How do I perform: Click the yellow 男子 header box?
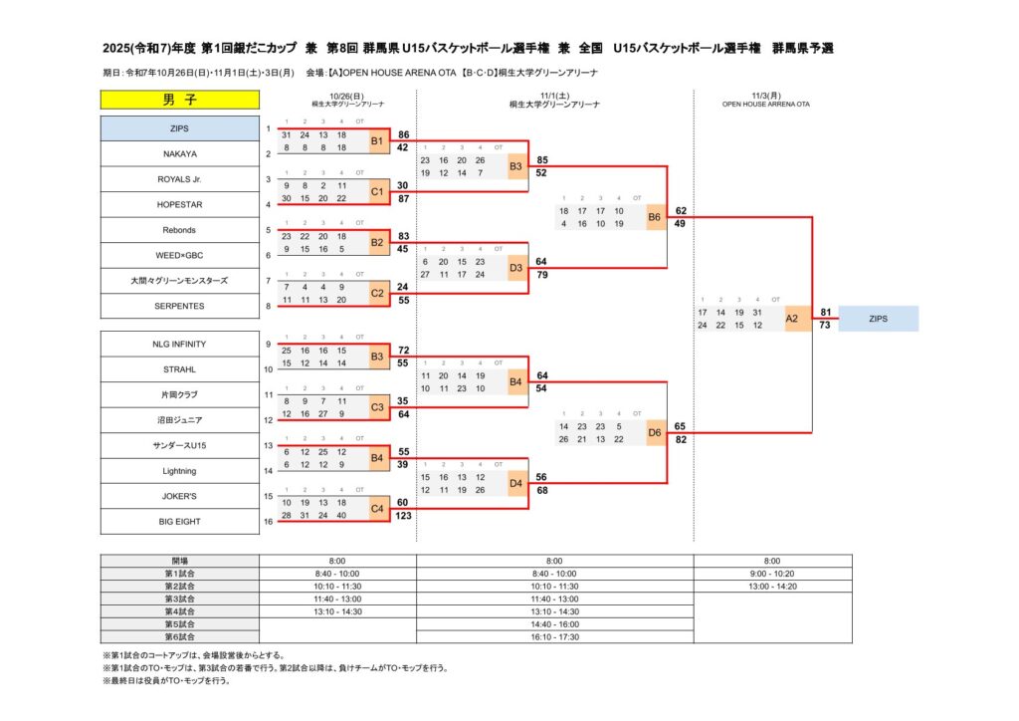[x=179, y=100]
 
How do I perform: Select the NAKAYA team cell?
[x=179, y=154]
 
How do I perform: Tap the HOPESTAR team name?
[x=179, y=205]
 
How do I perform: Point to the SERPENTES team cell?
[x=179, y=307]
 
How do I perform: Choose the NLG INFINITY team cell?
[x=179, y=344]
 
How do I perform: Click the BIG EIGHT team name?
[x=179, y=520]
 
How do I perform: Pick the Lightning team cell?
[x=179, y=470]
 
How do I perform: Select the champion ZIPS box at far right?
[x=878, y=319]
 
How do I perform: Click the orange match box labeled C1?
[x=377, y=191]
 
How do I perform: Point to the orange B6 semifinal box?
[x=654, y=217]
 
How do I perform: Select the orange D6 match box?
[x=654, y=432]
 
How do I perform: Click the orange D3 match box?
[x=515, y=268]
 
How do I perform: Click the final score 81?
[x=826, y=312]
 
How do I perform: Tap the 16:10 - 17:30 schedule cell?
[x=554, y=636]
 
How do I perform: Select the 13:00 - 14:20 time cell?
[x=772, y=587]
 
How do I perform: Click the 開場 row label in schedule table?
[x=179, y=561]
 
